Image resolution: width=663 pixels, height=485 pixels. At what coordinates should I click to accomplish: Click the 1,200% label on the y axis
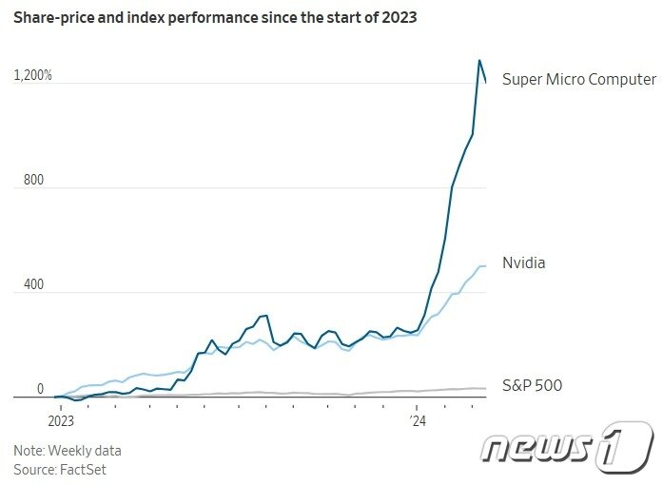(x=33, y=75)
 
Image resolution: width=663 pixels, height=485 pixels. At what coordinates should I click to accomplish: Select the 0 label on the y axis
(x=40, y=389)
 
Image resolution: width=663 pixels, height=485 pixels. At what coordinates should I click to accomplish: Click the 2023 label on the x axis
(x=61, y=418)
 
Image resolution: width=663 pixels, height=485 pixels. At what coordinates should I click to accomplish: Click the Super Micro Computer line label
(x=578, y=79)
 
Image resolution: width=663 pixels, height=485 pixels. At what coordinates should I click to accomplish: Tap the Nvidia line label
(x=523, y=262)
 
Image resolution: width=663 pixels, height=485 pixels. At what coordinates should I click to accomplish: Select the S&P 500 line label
(x=532, y=385)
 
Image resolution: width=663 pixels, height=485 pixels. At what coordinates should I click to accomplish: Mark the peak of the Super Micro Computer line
(x=478, y=61)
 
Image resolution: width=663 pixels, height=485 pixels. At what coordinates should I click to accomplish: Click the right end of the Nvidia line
(x=486, y=266)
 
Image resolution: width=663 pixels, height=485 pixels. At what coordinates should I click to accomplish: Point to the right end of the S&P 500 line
(x=486, y=388)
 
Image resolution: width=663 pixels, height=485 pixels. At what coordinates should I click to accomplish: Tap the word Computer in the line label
(x=624, y=79)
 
